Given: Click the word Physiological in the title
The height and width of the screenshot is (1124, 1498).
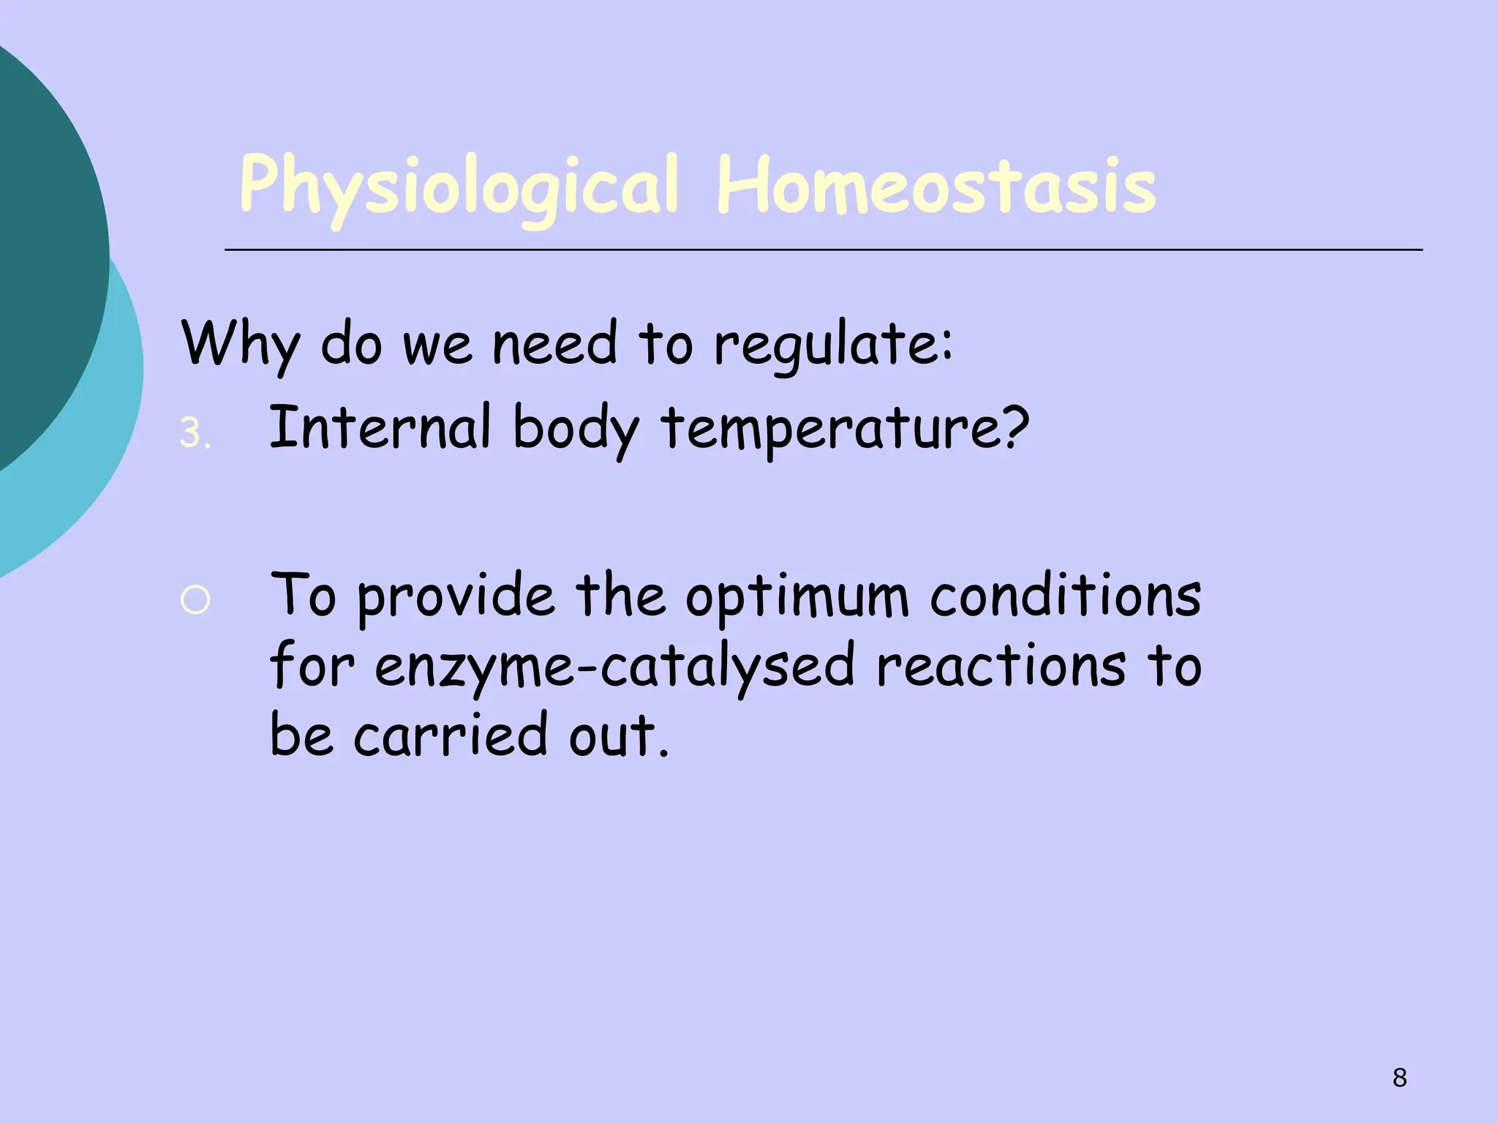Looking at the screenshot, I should click(459, 187).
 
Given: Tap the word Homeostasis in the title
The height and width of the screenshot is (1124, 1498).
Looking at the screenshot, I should click(936, 187).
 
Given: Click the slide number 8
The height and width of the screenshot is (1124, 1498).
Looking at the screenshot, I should click(1399, 1077).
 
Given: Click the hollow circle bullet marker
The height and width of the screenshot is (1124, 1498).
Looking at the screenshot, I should click(195, 600).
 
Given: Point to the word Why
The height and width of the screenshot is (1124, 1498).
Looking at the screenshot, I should click(240, 344).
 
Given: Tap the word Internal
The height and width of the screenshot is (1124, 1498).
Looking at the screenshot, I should click(380, 427).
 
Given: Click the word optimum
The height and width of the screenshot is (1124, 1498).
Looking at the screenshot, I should click(797, 597).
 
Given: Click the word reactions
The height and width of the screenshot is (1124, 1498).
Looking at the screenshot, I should click(1001, 666).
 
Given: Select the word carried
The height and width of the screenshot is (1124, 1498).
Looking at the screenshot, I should click(451, 735).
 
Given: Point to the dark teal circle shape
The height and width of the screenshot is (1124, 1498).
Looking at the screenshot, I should click(44, 256).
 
